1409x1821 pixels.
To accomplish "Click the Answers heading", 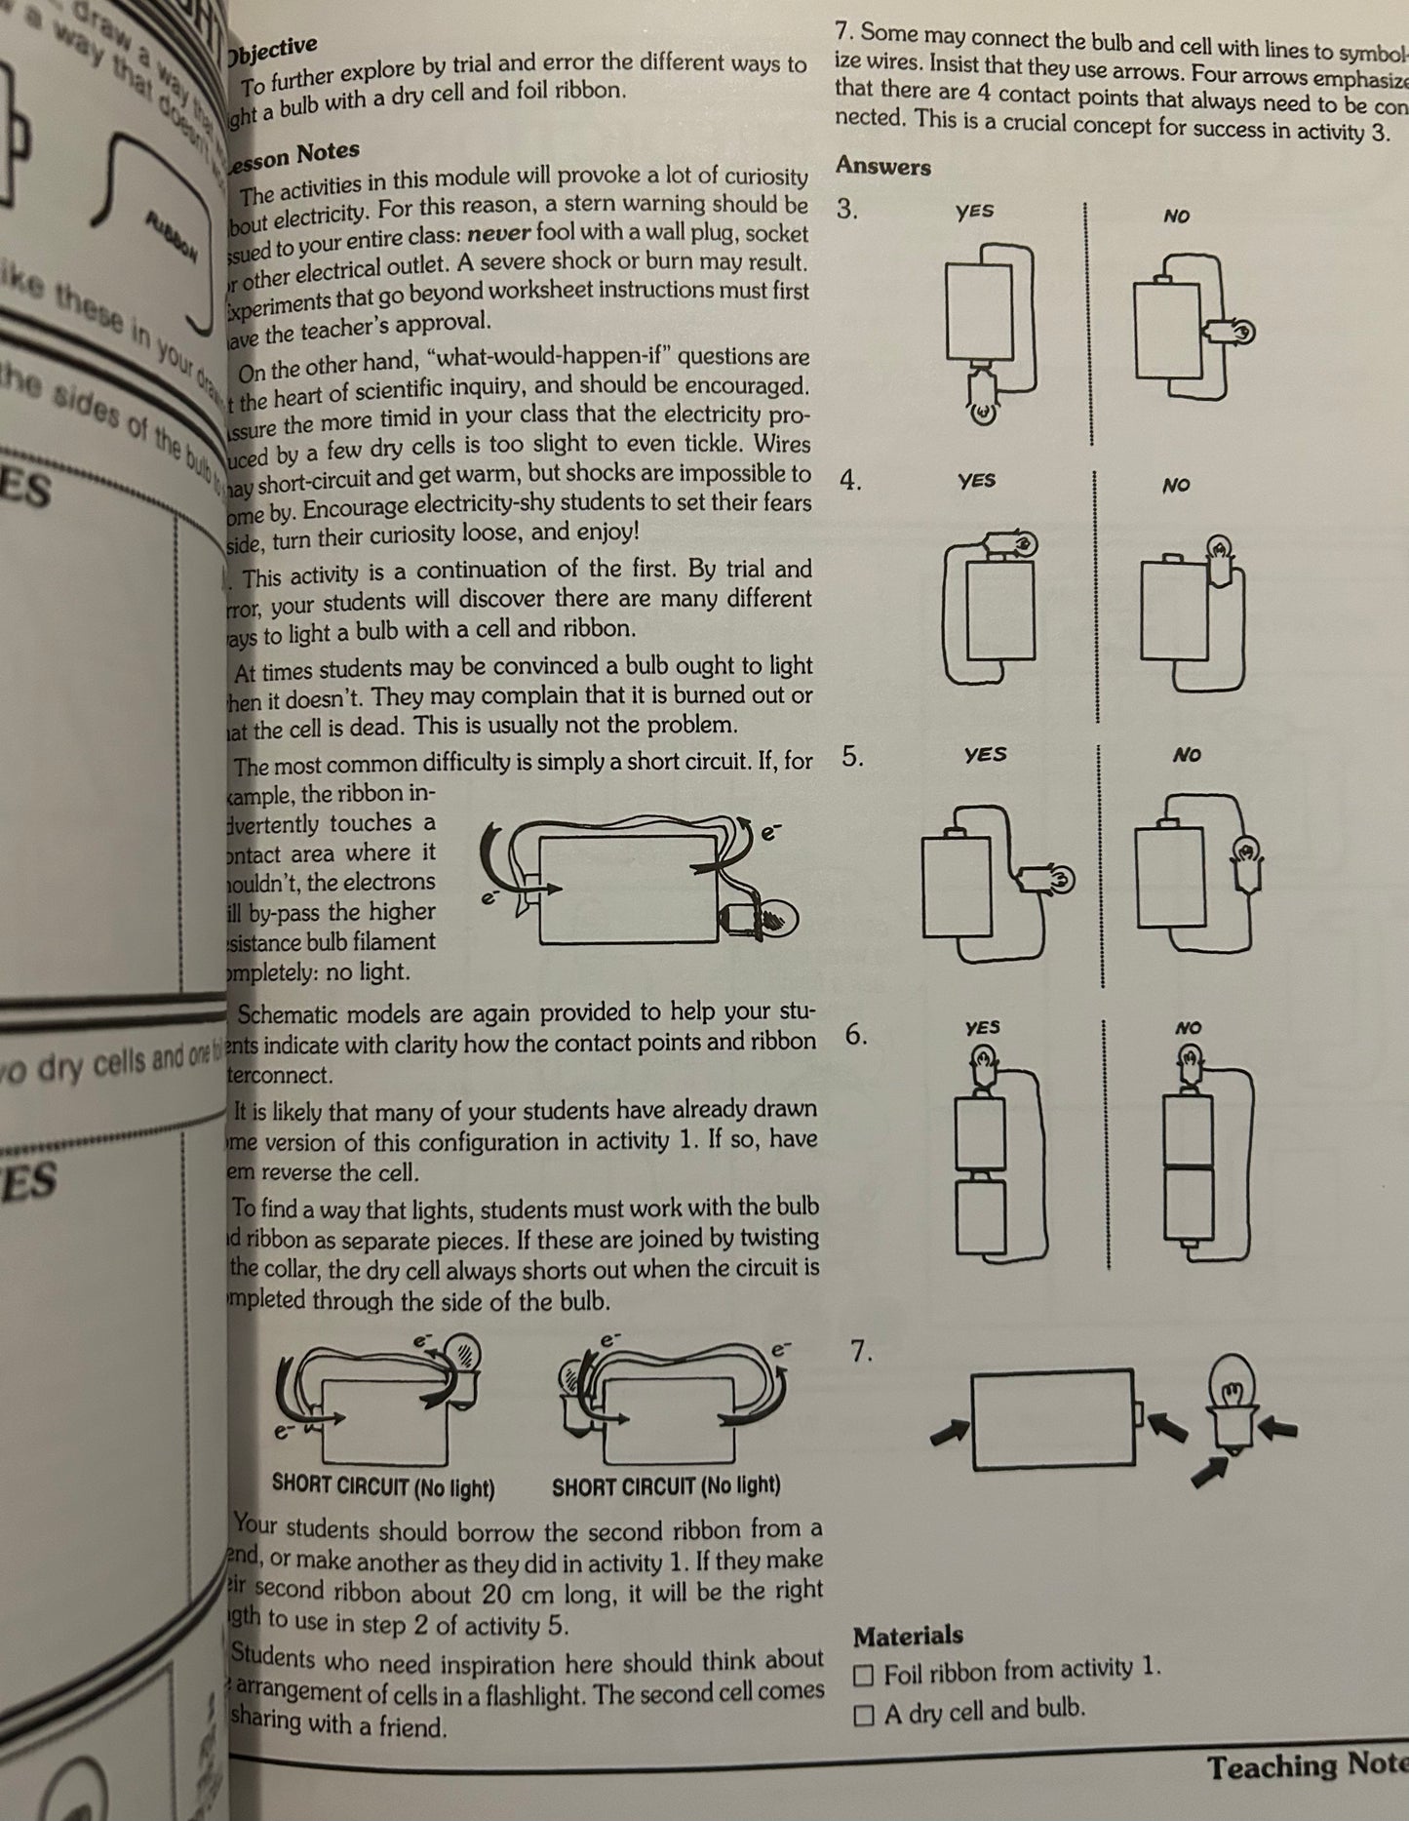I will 882,167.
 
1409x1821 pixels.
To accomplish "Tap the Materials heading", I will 908,1636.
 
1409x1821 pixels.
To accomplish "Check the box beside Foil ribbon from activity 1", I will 863,1676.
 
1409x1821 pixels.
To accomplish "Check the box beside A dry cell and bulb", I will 863,1717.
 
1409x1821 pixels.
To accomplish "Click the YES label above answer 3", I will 974,212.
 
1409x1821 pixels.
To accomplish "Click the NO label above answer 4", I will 1176,485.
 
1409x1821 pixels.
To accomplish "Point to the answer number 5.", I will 852,757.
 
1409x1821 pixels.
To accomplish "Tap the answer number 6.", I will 855,1035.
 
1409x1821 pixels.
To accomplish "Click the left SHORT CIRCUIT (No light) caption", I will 383,1488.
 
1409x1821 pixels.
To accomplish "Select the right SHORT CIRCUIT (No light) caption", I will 666,1486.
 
